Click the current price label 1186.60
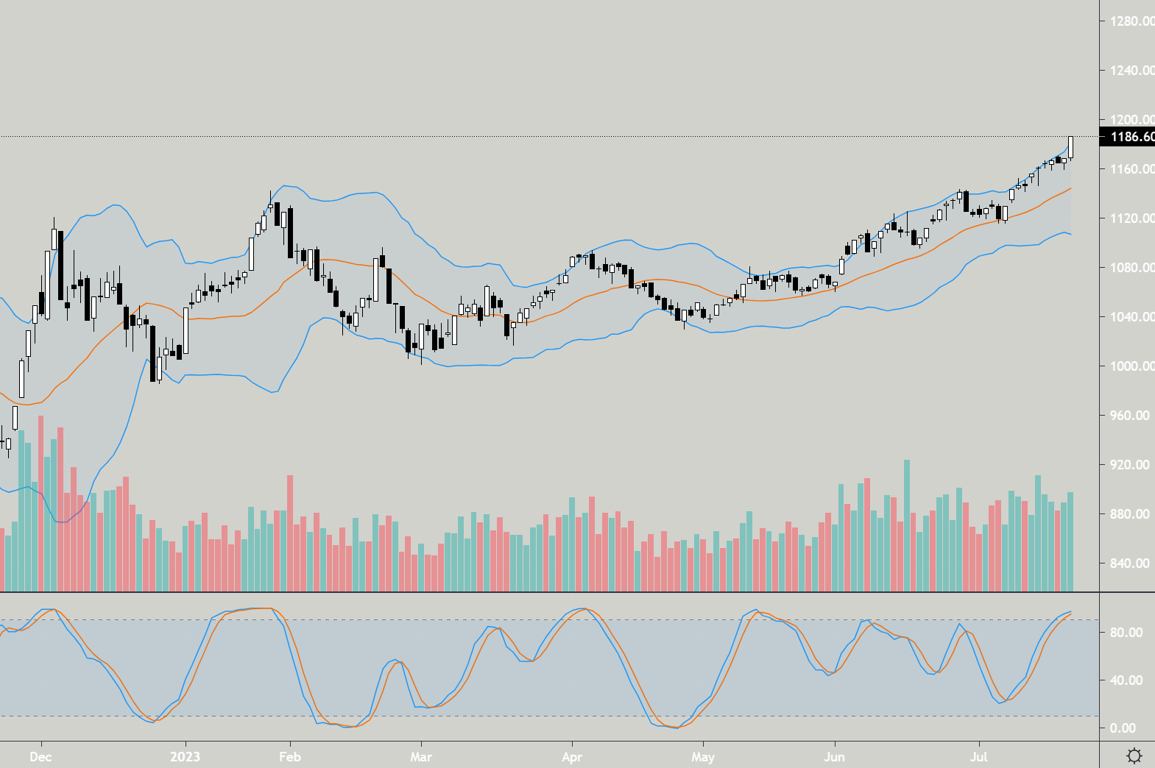tap(1131, 137)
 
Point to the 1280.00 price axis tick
tap(1131, 21)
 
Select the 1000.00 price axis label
tap(1131, 366)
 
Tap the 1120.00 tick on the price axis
tap(1131, 218)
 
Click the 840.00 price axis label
tap(1130, 563)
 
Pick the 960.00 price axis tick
tap(1130, 416)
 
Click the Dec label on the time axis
tap(40, 757)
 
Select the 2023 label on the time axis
tap(185, 757)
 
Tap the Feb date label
tap(290, 757)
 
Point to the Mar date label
tap(421, 757)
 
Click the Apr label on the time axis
tap(572, 757)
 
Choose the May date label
tap(703, 757)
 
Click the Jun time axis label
tap(834, 757)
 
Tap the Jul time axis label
tap(978, 757)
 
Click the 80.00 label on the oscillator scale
tap(1126, 633)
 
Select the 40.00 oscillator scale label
tap(1126, 680)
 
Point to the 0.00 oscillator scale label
tap(1123, 728)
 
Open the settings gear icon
tap(1134, 756)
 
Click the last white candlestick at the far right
tap(1070, 147)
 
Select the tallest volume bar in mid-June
tap(907, 525)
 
